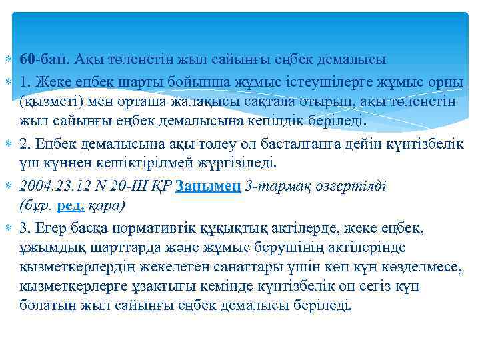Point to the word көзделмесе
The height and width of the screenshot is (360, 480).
(x=422, y=267)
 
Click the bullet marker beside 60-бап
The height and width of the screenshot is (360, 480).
(x=7, y=59)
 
